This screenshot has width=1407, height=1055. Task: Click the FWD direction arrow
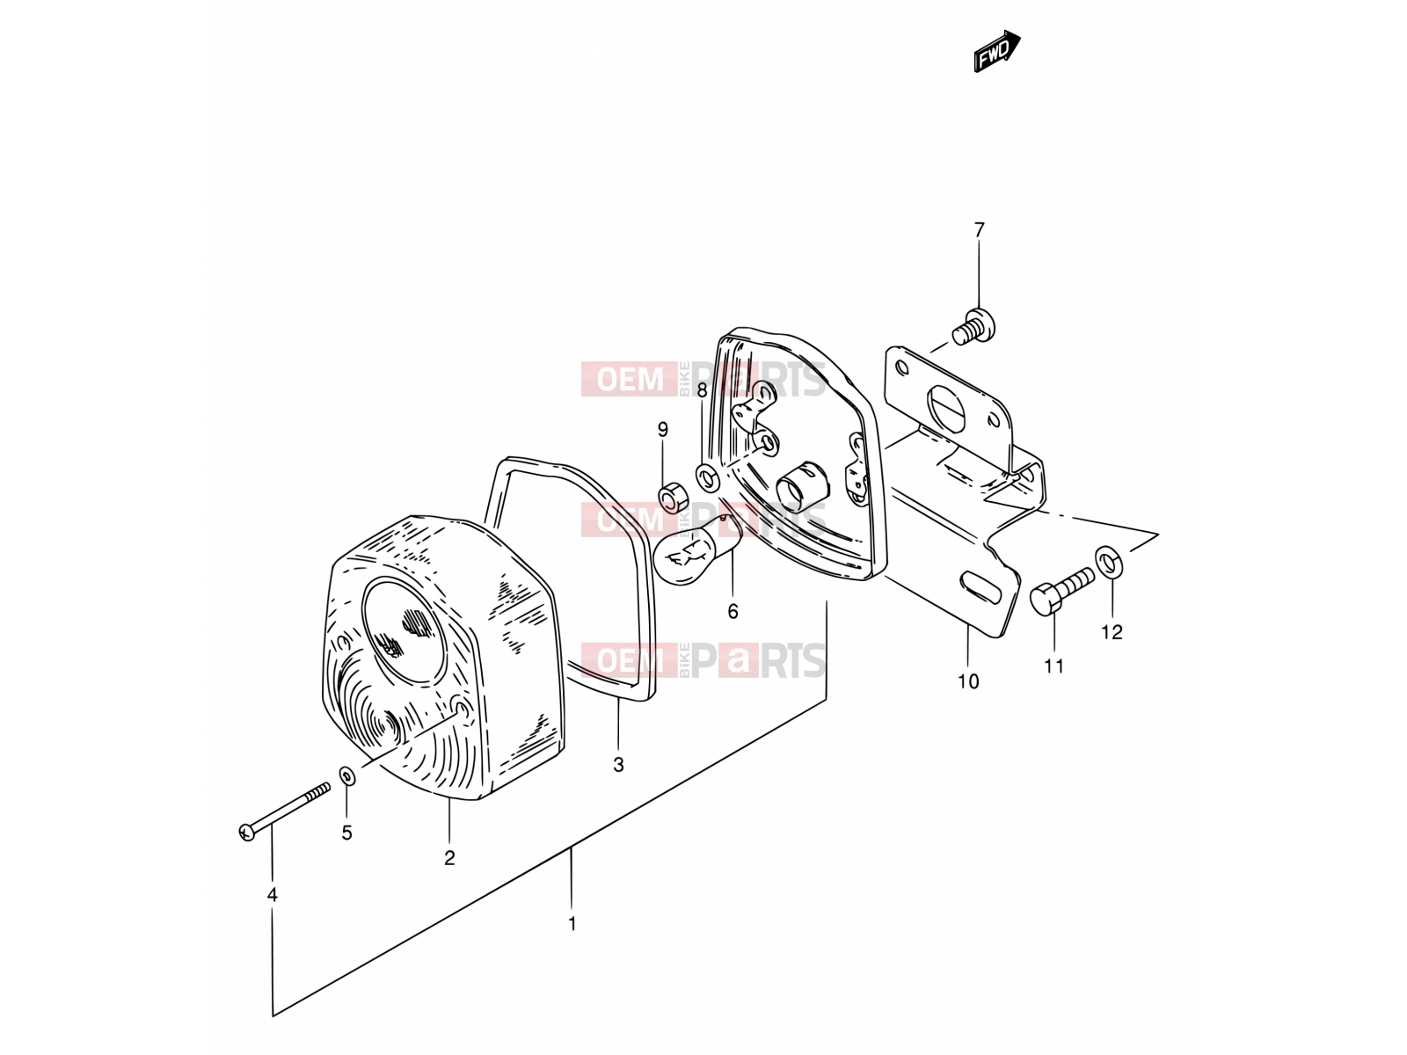click(996, 51)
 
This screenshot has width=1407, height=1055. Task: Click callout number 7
click(979, 230)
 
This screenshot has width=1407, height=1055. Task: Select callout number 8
click(702, 390)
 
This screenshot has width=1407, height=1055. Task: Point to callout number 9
click(663, 429)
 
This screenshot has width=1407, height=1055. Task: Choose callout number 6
click(733, 612)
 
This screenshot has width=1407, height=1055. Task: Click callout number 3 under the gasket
click(618, 765)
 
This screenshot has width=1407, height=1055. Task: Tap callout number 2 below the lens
click(449, 858)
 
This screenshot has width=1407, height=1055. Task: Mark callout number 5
click(346, 833)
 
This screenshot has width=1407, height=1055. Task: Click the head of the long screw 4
click(247, 833)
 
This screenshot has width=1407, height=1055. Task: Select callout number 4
click(273, 895)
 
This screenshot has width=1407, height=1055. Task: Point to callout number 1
click(572, 924)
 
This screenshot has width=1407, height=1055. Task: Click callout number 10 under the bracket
click(968, 681)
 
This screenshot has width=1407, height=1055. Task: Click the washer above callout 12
click(1109, 561)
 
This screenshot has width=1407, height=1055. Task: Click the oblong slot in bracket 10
click(981, 587)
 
